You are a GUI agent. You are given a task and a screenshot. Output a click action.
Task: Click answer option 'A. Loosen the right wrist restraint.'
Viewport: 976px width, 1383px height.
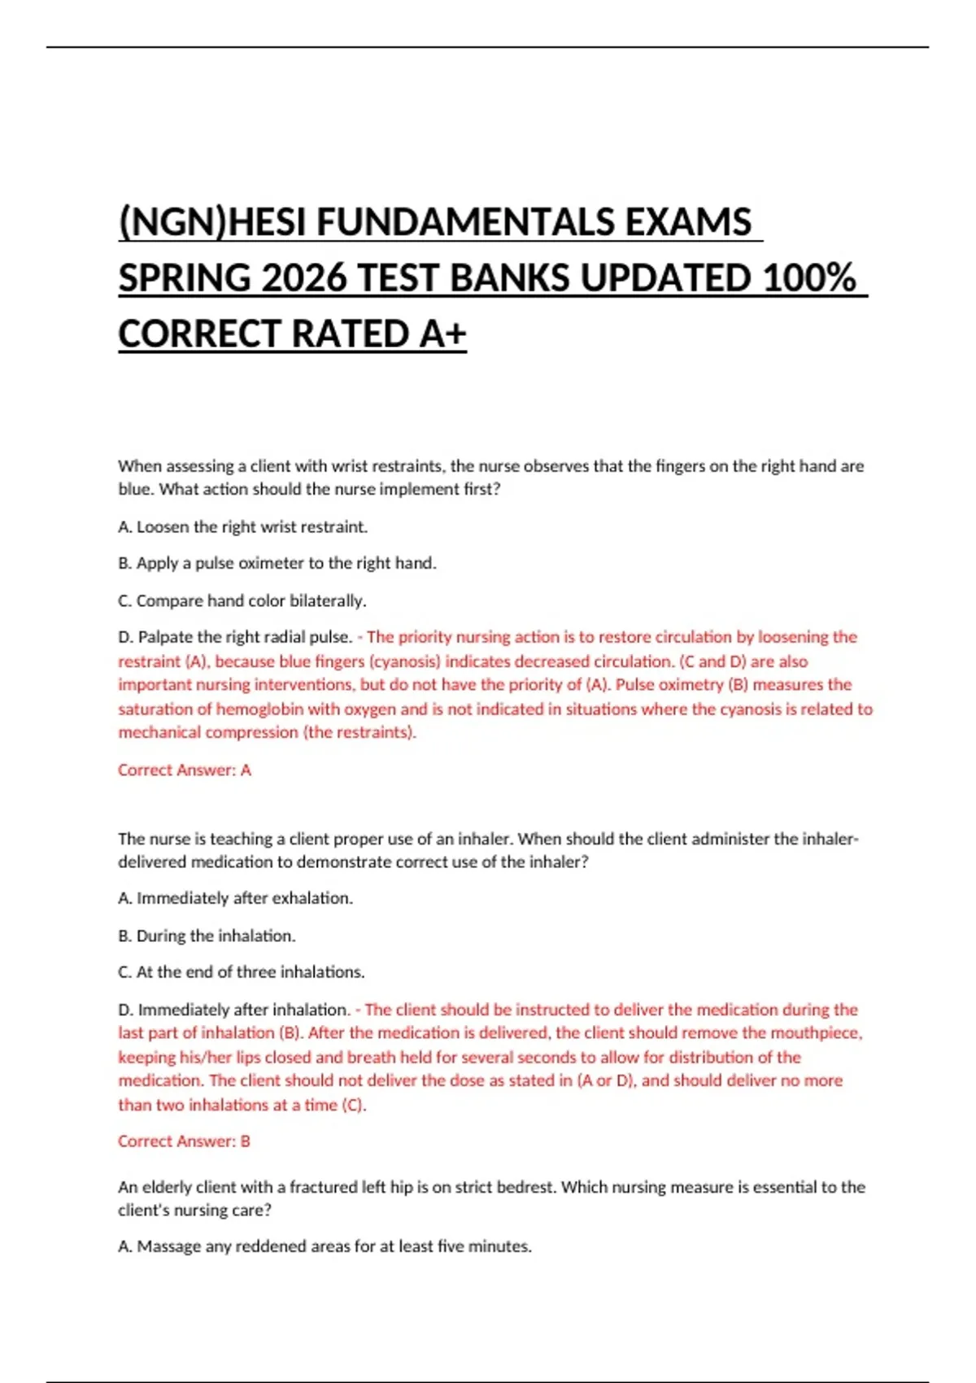tap(242, 527)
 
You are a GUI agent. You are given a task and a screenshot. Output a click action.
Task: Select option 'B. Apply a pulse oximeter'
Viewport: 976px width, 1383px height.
tap(277, 563)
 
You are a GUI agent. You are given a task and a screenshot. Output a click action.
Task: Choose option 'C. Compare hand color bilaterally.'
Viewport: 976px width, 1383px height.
tap(242, 600)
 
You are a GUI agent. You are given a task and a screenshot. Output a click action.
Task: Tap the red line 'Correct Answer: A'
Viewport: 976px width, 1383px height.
tap(185, 770)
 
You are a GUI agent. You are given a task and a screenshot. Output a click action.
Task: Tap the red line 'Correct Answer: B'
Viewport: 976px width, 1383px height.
tap(184, 1141)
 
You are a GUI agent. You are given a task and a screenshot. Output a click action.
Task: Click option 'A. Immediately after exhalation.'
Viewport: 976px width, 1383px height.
tap(235, 898)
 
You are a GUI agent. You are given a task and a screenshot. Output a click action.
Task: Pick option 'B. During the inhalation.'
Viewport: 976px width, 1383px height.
tap(207, 936)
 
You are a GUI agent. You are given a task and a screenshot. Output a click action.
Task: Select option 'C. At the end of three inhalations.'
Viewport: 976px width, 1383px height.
tap(242, 972)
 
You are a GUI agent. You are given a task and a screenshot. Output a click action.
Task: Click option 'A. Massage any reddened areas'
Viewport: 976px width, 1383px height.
tap(325, 1246)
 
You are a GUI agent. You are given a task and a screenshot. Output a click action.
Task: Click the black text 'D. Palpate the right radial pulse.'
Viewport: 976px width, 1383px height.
tap(235, 637)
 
